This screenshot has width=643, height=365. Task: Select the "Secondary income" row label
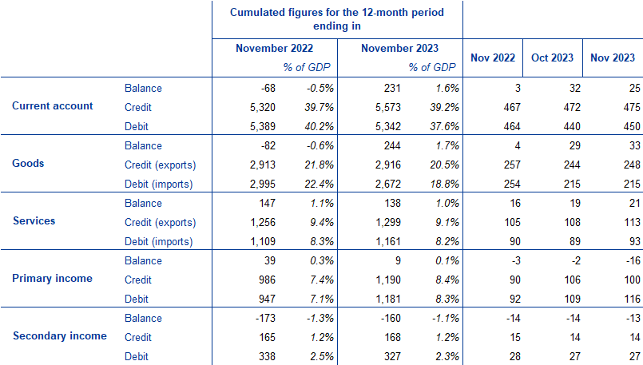point(60,336)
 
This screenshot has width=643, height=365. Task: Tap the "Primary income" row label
point(53,279)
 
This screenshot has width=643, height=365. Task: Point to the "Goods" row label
point(29,164)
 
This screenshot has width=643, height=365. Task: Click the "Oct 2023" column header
point(553,58)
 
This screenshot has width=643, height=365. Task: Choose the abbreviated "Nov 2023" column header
point(612,58)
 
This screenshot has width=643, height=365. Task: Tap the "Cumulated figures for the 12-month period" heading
point(336,13)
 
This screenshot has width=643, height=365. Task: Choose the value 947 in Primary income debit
point(264,299)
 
